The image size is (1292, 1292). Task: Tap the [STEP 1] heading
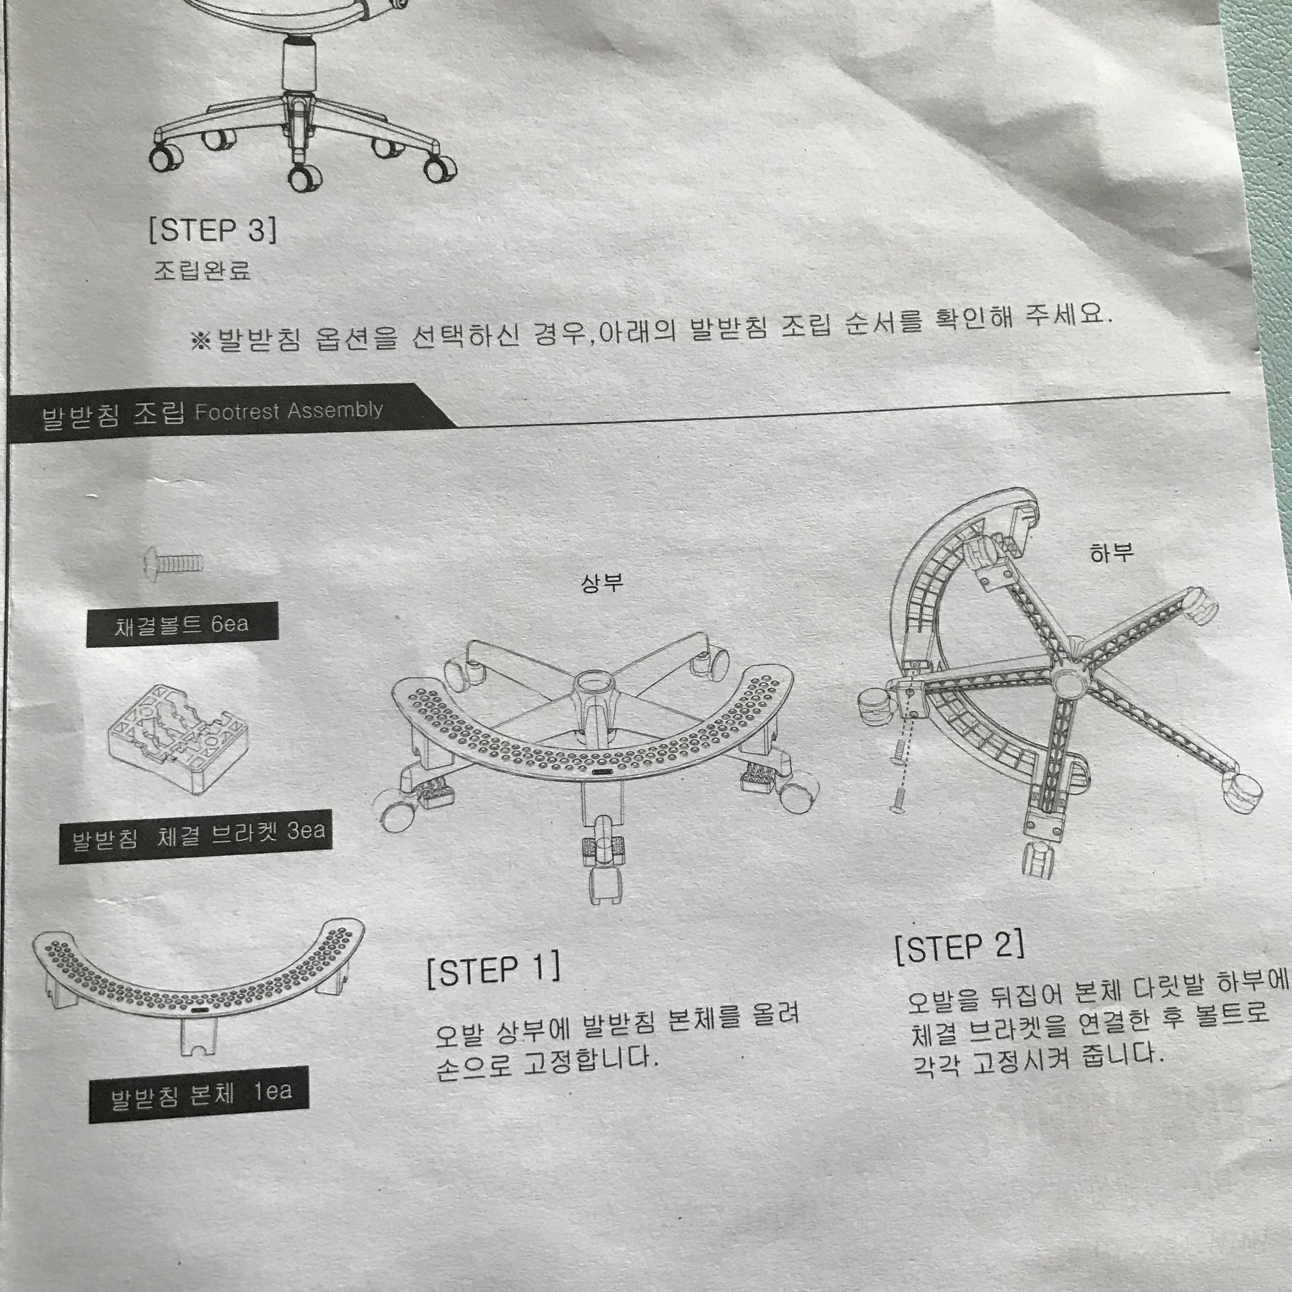[493, 972]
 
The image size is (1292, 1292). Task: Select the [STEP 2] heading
[960, 947]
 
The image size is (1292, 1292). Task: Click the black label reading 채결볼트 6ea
[182, 625]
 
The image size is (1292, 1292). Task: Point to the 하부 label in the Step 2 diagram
[1111, 552]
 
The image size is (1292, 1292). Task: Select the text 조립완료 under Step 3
[202, 270]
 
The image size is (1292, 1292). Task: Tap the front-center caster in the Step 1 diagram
[607, 881]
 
